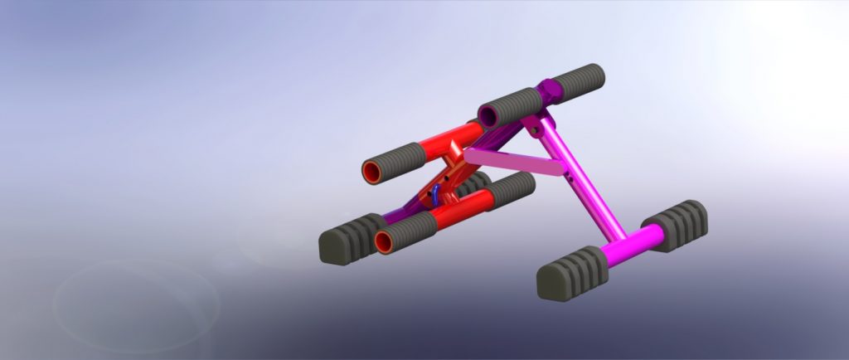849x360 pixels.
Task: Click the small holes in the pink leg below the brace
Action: click(577, 175)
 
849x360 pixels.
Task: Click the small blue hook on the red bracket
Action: click(436, 196)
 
